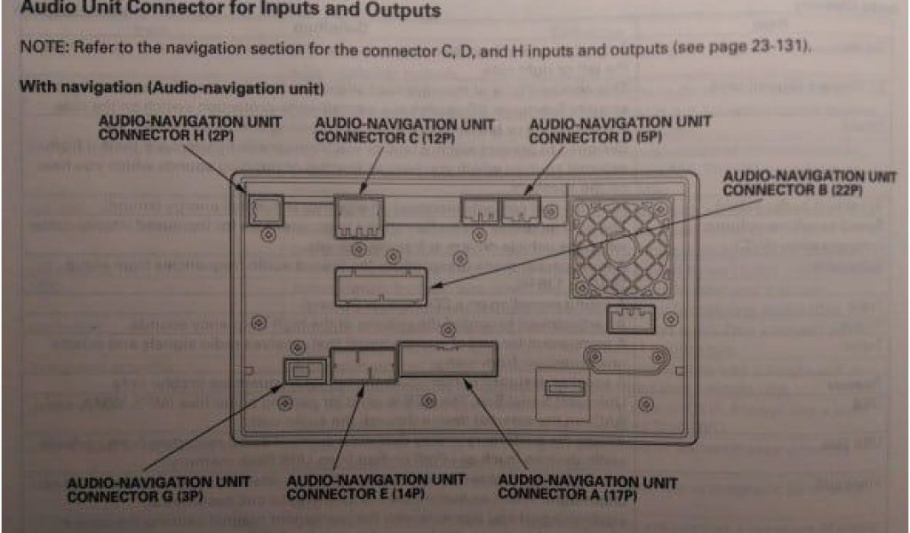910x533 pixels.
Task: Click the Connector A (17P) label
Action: (587, 488)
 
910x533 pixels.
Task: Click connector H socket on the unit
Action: (264, 210)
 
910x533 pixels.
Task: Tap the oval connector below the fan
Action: (626, 359)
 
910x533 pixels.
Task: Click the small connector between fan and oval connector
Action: (629, 317)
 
